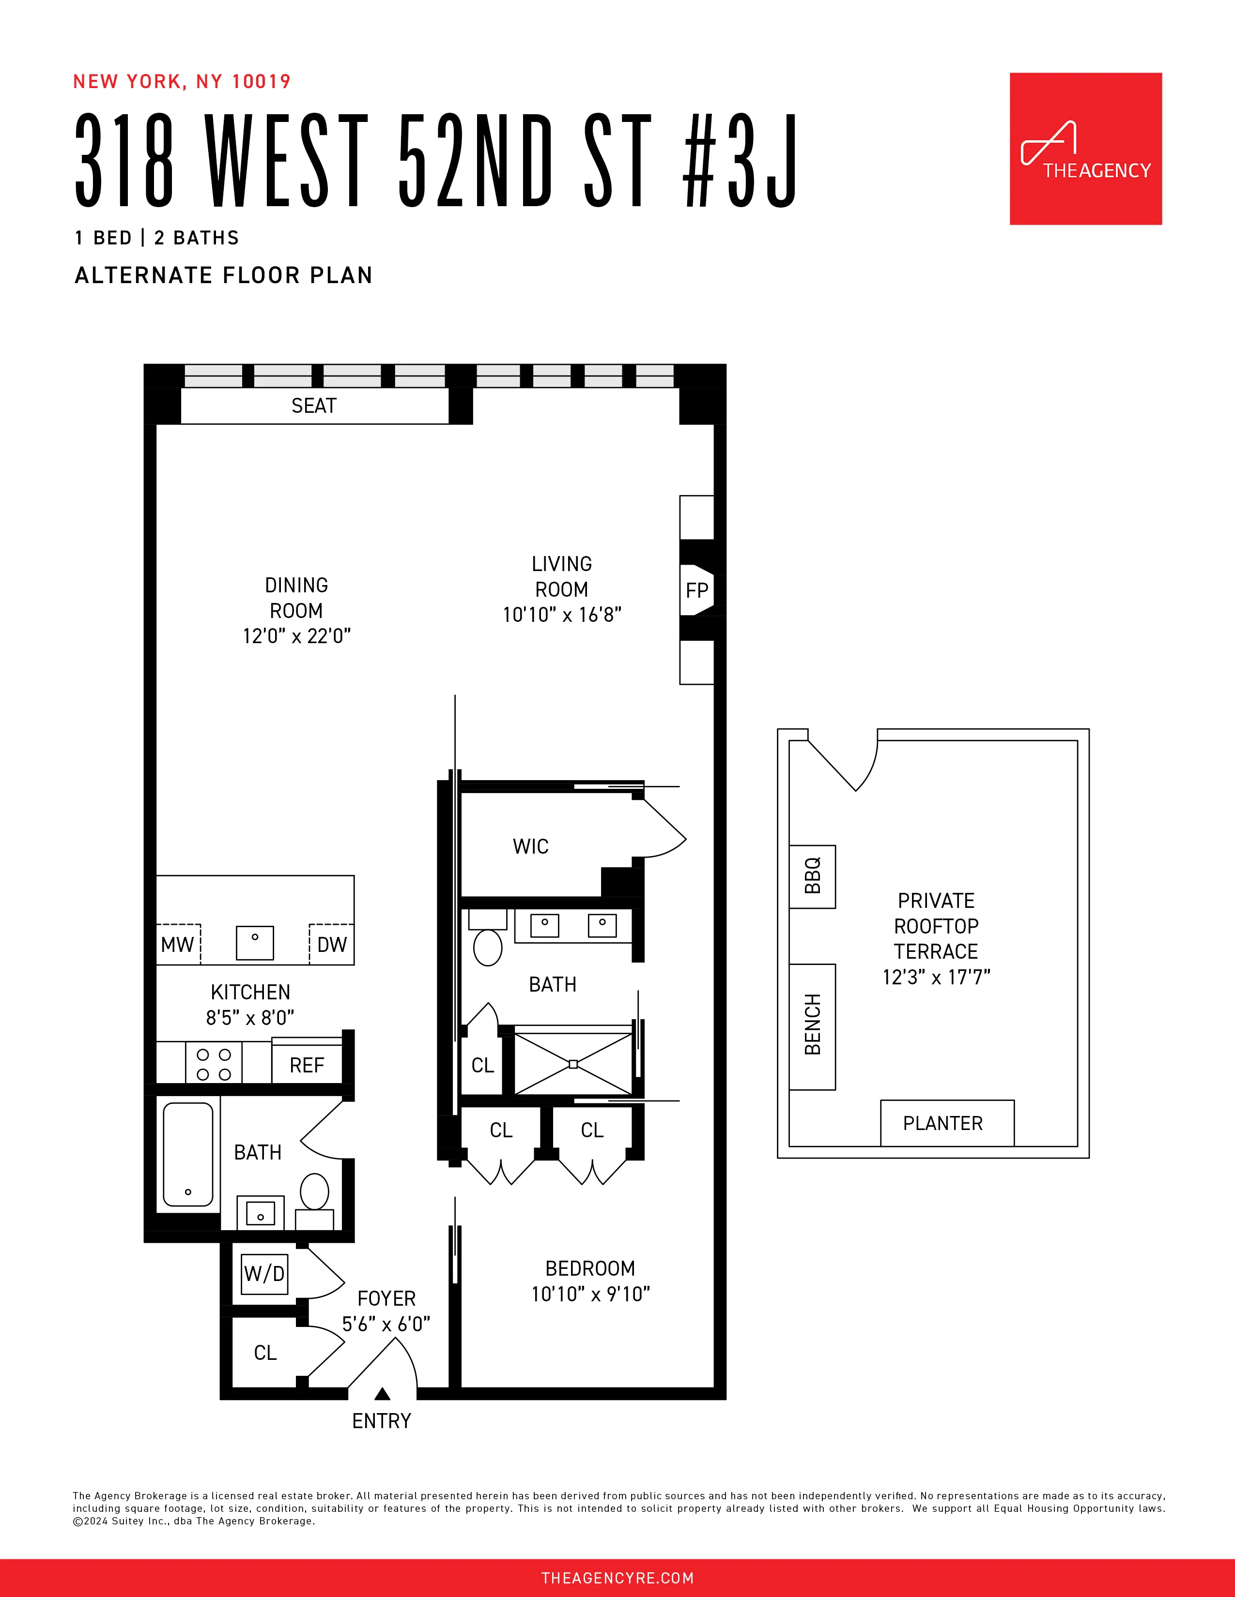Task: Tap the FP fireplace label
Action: click(696, 590)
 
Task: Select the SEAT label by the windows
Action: click(314, 406)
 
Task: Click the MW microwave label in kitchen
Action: click(178, 945)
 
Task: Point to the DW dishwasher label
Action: click(331, 945)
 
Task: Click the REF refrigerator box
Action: click(307, 1065)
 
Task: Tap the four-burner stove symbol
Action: click(214, 1064)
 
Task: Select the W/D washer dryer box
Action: click(264, 1273)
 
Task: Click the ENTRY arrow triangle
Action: click(382, 1394)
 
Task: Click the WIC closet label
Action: click(530, 846)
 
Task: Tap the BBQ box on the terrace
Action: click(812, 876)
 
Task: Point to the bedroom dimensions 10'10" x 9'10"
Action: click(590, 1294)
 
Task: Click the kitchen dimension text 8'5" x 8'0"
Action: click(250, 1017)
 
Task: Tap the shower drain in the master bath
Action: click(573, 1064)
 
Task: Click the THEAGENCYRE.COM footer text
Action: click(617, 1577)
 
